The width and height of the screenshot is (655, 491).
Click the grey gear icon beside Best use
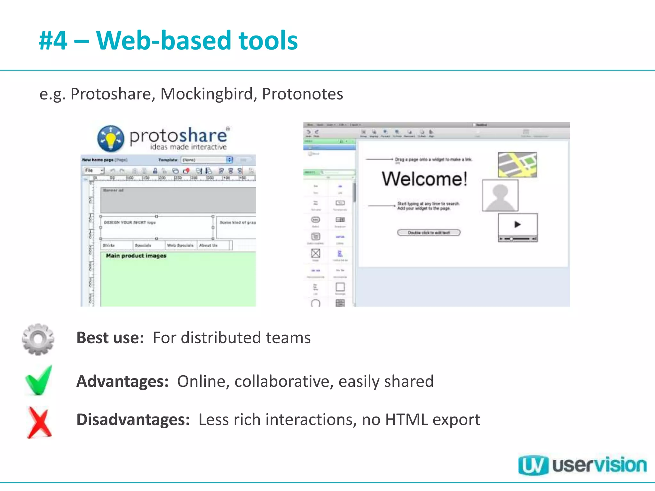[38, 339]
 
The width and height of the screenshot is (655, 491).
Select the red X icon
[39, 422]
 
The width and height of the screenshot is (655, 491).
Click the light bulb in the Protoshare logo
[111, 139]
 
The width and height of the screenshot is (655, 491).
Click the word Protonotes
[302, 94]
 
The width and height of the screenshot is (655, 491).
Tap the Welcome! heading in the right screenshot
[424, 179]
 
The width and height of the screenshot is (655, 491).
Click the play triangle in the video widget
[517, 224]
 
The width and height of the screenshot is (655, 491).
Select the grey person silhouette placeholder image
[500, 195]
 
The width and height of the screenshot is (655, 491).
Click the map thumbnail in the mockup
[517, 165]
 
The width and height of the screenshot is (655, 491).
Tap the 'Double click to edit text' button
[429, 232]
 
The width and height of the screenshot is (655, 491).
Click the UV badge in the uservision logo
[533, 465]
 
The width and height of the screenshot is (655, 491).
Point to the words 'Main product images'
[136, 256]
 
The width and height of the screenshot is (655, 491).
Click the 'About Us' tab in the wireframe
[208, 245]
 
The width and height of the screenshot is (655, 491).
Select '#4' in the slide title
[53, 41]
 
